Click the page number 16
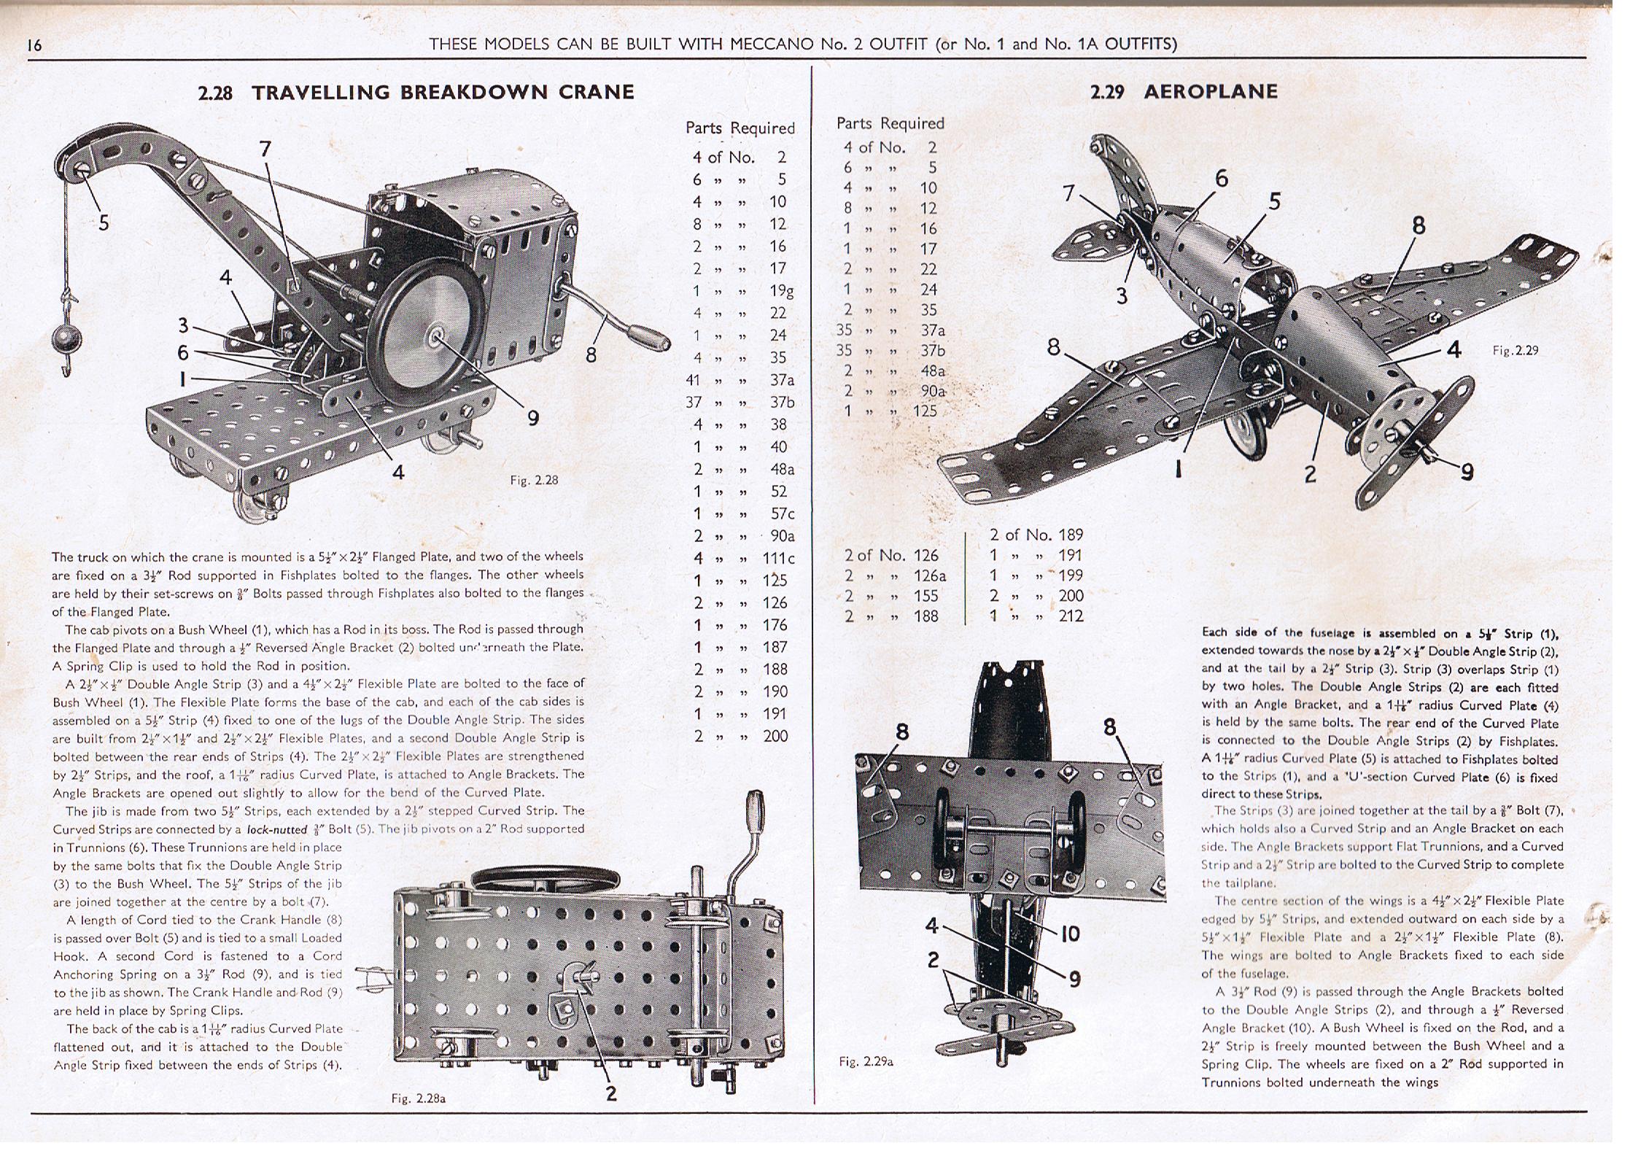tap(34, 44)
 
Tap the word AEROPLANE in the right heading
tap(1211, 92)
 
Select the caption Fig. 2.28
tap(534, 480)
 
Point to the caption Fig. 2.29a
tap(866, 1061)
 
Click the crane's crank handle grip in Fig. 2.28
tap(651, 341)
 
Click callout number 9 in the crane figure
tap(533, 417)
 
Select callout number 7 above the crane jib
tap(265, 150)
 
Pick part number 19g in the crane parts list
tap(782, 291)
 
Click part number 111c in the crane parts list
tap(778, 558)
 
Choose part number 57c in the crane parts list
tap(782, 513)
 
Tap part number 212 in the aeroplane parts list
tap(1071, 616)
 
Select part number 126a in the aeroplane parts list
tap(930, 575)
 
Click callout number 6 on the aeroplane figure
tap(1222, 178)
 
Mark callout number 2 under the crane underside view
tap(611, 1093)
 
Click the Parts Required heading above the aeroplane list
tap(890, 123)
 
